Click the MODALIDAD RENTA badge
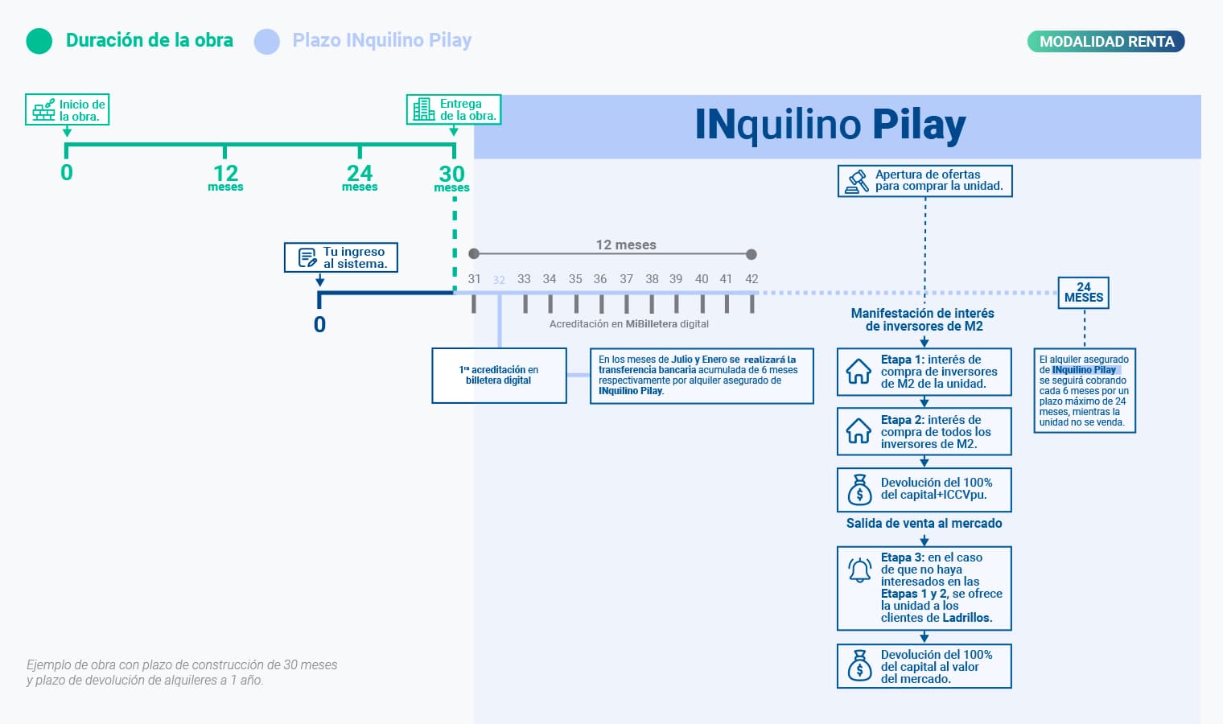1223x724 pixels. pyautogui.click(x=1106, y=42)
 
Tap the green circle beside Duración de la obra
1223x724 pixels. pyautogui.click(x=39, y=41)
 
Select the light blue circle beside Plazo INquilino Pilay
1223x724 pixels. pyautogui.click(x=267, y=41)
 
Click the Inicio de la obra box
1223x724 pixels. pyautogui.click(x=68, y=110)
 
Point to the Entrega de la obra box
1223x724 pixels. pyautogui.click(x=454, y=109)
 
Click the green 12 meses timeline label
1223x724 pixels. pyautogui.click(x=225, y=178)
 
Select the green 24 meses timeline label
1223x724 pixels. pyautogui.click(x=360, y=178)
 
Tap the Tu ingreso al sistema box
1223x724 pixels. pyautogui.click(x=341, y=257)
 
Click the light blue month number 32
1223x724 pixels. pyautogui.click(x=499, y=280)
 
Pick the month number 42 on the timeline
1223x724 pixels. pyautogui.click(x=752, y=279)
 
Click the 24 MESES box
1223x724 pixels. pyautogui.click(x=1084, y=293)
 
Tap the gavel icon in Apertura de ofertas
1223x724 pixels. pyautogui.click(x=857, y=181)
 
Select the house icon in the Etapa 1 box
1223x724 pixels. pyautogui.click(x=859, y=372)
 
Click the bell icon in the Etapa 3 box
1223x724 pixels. pyautogui.click(x=859, y=570)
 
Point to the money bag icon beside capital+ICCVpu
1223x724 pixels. pyautogui.click(x=859, y=489)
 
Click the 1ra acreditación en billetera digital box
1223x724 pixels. pyautogui.click(x=499, y=376)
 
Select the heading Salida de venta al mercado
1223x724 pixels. pyautogui.click(x=924, y=523)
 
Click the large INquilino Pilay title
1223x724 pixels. pyautogui.click(x=830, y=125)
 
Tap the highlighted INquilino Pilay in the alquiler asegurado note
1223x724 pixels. pyautogui.click(x=1085, y=370)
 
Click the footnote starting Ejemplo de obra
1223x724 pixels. pyautogui.click(x=182, y=673)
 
